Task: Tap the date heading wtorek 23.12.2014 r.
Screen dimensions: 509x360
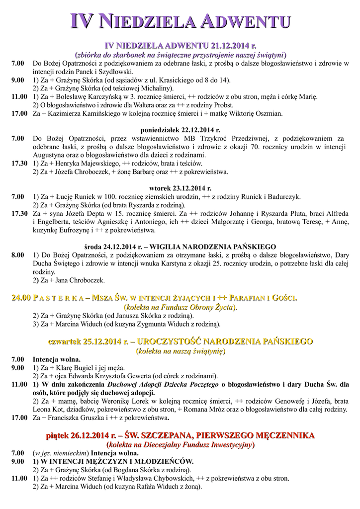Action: tap(180, 188)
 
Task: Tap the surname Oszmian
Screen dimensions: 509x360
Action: tap(269, 114)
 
